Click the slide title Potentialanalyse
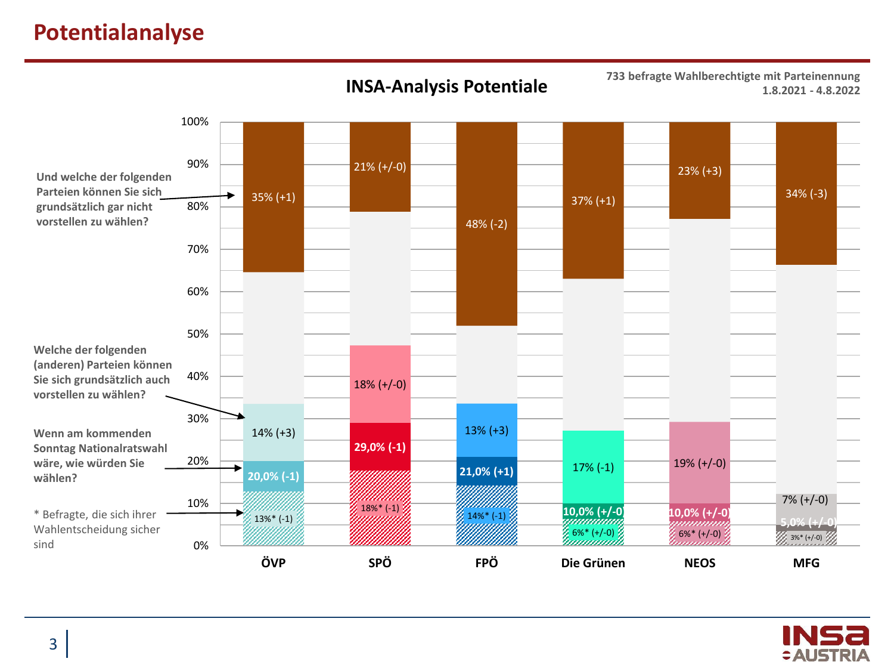pyautogui.click(x=119, y=32)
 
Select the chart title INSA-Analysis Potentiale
pyautogui.click(x=446, y=86)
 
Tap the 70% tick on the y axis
pyautogui.click(x=197, y=249)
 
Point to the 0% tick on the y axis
pyautogui.click(x=201, y=546)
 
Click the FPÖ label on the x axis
pyautogui.click(x=486, y=563)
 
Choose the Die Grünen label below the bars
pyautogui.click(x=593, y=563)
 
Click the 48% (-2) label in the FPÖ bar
pyautogui.click(x=486, y=224)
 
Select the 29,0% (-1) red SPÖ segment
pyautogui.click(x=380, y=447)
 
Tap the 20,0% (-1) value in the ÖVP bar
pyautogui.click(x=274, y=477)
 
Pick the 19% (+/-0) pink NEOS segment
pyautogui.click(x=700, y=463)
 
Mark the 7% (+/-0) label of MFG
pyautogui.click(x=805, y=500)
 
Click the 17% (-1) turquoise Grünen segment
pyautogui.click(x=593, y=468)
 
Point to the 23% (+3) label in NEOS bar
pyautogui.click(x=700, y=171)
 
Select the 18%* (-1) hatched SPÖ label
pyautogui.click(x=380, y=508)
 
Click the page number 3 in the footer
pyautogui.click(x=53, y=644)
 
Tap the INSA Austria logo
pyautogui.click(x=825, y=644)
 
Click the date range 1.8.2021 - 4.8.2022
pyautogui.click(x=811, y=91)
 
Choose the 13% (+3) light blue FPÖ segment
pyautogui.click(x=486, y=431)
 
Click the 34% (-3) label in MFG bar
pyautogui.click(x=806, y=194)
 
